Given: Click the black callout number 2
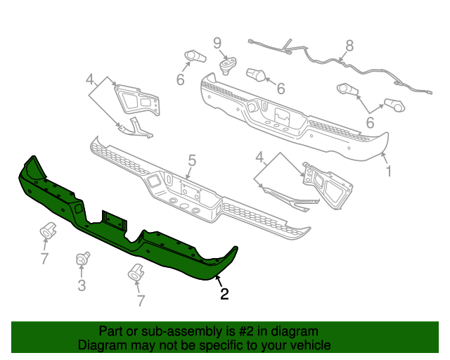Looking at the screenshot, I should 224,295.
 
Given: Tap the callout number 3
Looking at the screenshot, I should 82,285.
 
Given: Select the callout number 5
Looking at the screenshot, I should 191,160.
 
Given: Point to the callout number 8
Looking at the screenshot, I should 349,48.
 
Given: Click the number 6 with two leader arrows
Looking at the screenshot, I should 369,121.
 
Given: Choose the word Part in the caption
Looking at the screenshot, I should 111,331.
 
